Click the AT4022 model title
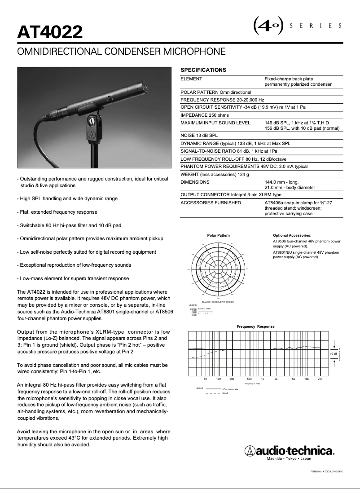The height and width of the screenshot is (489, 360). pyautogui.click(x=50, y=32)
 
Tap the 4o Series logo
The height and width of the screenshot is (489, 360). pyautogui.click(x=296, y=26)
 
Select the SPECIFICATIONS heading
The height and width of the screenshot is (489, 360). pyautogui.click(x=203, y=70)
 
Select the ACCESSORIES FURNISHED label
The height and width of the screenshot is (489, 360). pyautogui.click(x=211, y=203)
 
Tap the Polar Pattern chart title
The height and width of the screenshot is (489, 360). pyautogui.click(x=219, y=235)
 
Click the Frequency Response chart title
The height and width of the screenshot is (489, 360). pyautogui.click(x=255, y=326)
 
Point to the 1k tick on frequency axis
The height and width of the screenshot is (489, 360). pyautogui.click(x=263, y=379)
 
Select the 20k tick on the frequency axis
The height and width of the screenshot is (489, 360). pyautogui.click(x=320, y=379)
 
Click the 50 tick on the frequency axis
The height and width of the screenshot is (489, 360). pyautogui.click(x=206, y=379)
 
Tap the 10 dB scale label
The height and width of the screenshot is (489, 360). pyautogui.click(x=334, y=354)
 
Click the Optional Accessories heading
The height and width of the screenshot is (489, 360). pyautogui.click(x=292, y=235)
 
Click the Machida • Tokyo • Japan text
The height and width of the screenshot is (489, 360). pyautogui.click(x=289, y=459)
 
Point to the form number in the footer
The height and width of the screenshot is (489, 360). pyautogui.click(x=327, y=471)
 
